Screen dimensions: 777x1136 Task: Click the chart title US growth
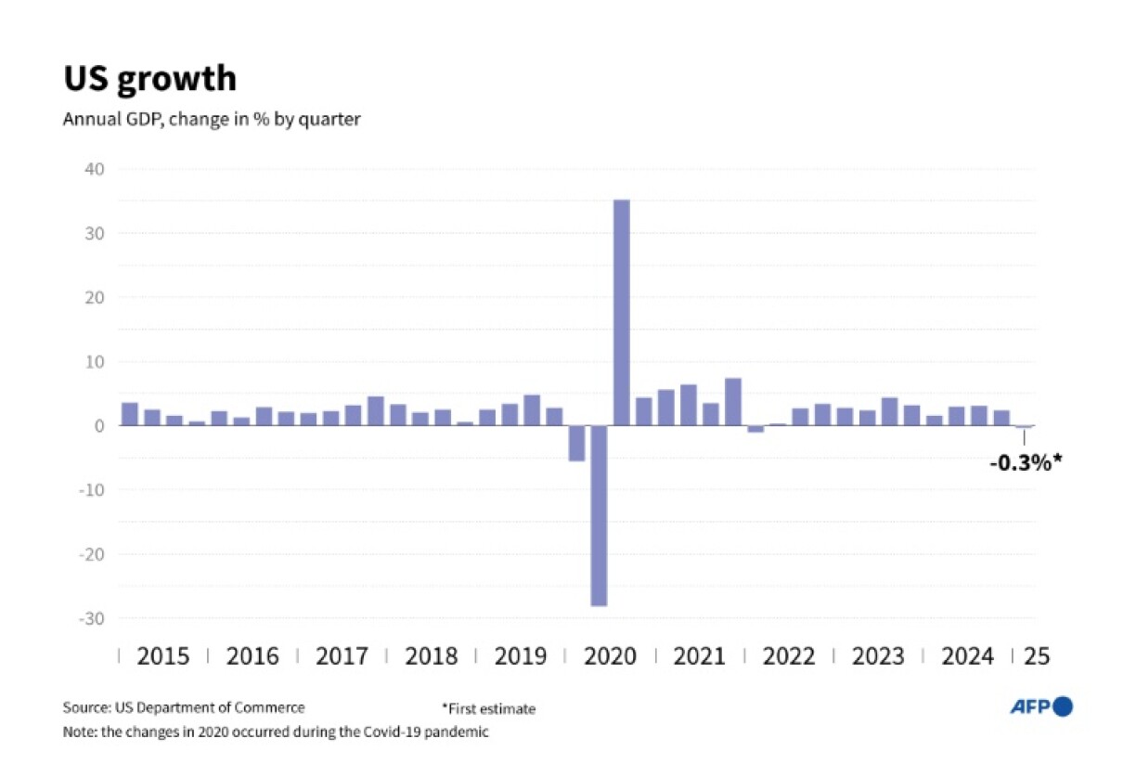(x=149, y=79)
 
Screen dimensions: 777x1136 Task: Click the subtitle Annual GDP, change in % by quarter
(x=212, y=120)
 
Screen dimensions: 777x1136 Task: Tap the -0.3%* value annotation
(x=1025, y=461)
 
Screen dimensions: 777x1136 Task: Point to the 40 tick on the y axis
(x=96, y=169)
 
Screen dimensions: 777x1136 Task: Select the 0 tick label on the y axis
(x=101, y=426)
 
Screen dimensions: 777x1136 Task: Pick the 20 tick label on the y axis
(x=96, y=298)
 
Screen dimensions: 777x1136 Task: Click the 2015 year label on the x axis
(x=162, y=656)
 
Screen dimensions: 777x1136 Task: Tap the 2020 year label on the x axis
(x=610, y=656)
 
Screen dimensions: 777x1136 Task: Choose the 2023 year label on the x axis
(x=878, y=656)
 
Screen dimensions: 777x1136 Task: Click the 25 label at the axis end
(x=1036, y=656)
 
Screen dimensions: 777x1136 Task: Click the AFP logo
(x=1040, y=707)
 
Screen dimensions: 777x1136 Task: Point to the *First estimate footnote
(x=489, y=709)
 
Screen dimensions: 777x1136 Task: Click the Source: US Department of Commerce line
(x=184, y=707)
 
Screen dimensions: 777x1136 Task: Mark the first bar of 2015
(x=130, y=414)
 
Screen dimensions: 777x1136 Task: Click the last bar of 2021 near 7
(x=732, y=402)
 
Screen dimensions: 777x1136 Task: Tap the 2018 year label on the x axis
(x=431, y=656)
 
